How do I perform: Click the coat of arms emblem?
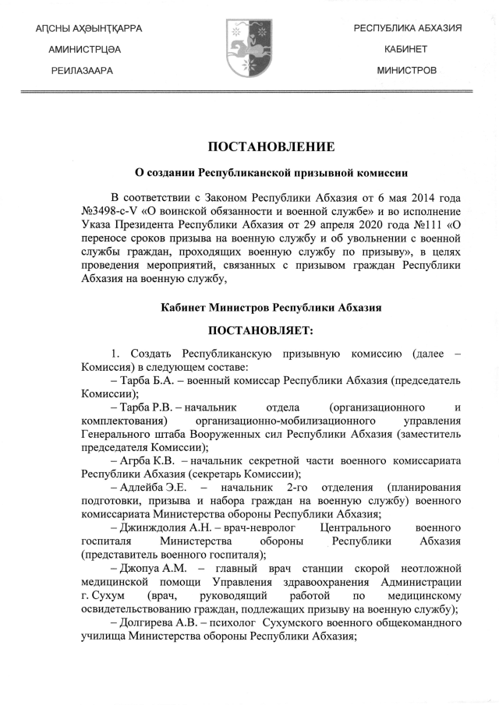[249, 49]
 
